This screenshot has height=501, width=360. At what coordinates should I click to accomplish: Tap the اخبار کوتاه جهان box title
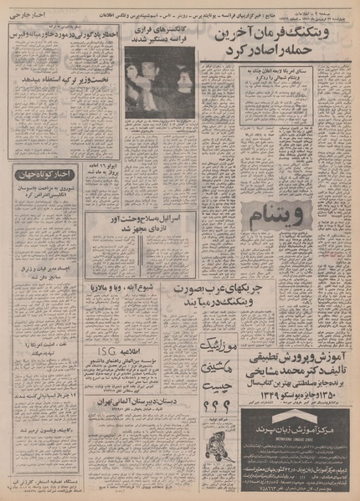pos(34,174)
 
